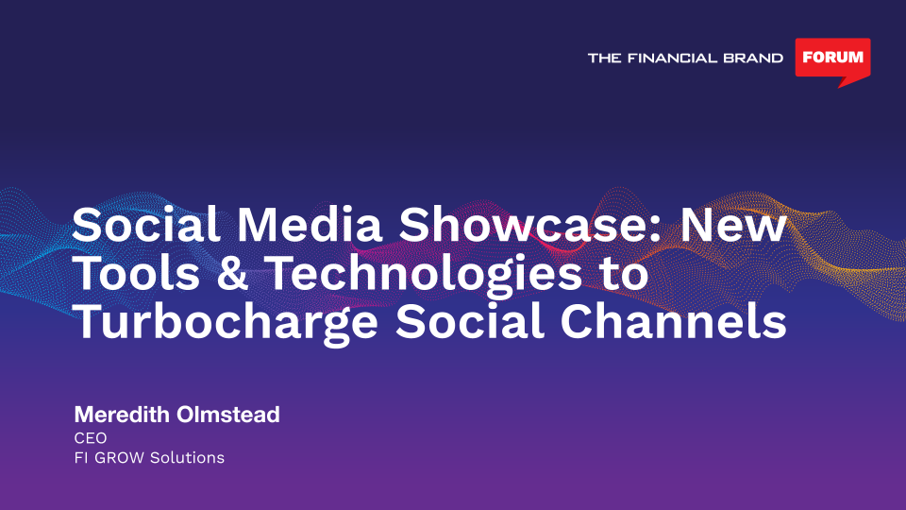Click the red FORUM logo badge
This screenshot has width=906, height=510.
click(832, 59)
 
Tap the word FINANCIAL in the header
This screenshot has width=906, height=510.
click(672, 58)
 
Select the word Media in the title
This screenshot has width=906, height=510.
click(310, 225)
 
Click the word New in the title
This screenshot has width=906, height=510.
click(733, 225)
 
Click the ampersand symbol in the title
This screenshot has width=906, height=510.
click(232, 273)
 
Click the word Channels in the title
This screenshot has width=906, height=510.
click(673, 321)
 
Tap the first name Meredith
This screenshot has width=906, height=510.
click(122, 414)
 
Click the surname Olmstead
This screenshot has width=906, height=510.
click(228, 414)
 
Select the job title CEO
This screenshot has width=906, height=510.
click(91, 437)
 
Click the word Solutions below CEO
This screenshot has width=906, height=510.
click(187, 457)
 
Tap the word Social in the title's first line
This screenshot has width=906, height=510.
click(145, 225)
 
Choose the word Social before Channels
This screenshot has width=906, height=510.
click(469, 321)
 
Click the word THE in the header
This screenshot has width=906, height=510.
click(605, 58)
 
